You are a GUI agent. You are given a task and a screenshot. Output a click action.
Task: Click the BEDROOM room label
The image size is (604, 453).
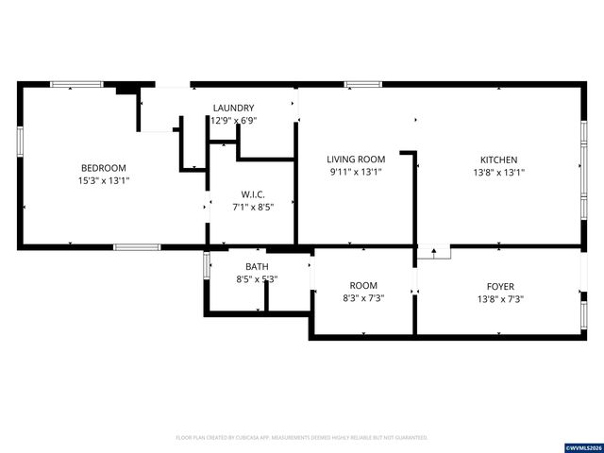(104, 167)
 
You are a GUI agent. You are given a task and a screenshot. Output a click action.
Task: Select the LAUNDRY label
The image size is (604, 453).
(233, 109)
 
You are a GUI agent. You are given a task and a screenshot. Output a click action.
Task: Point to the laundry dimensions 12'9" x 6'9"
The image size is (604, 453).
(233, 121)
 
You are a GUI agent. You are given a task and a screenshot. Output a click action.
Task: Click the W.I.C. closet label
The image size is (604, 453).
(252, 194)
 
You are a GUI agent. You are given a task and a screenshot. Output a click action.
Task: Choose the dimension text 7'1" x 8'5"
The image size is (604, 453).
(252, 207)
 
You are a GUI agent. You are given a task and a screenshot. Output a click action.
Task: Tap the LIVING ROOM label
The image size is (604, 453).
(357, 159)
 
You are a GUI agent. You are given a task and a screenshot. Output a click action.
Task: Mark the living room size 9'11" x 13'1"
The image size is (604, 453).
(357, 173)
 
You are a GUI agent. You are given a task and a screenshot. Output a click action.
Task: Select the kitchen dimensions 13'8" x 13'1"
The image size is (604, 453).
(498, 173)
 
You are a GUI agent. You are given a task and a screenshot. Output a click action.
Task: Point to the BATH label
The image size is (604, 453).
(257, 267)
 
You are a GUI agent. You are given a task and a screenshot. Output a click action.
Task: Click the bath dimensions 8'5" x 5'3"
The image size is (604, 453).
(257, 279)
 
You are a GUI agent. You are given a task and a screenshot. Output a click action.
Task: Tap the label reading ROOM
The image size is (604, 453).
(363, 286)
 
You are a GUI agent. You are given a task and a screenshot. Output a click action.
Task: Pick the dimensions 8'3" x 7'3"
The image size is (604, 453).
(363, 298)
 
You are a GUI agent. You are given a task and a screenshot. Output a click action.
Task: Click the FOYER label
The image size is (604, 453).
(500, 286)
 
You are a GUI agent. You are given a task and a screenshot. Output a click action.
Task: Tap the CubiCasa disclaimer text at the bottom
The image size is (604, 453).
(302, 438)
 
